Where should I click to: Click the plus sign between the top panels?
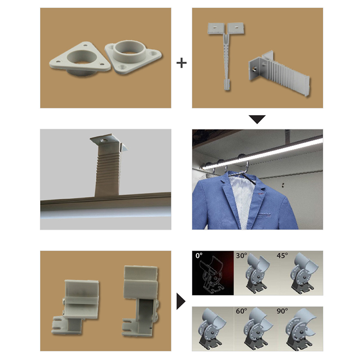tap(181, 63)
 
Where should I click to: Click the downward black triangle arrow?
tap(257, 119)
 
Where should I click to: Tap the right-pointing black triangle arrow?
tap(181, 301)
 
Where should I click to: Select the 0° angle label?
tap(199, 256)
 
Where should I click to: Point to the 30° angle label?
tap(241, 256)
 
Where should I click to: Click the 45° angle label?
tap(282, 256)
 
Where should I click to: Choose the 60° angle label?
tap(241, 311)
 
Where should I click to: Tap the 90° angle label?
tap(282, 311)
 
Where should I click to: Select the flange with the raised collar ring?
tap(133, 56)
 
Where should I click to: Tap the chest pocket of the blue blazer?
tap(265, 216)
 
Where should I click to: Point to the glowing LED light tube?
tap(262, 153)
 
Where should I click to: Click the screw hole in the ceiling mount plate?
tap(103, 140)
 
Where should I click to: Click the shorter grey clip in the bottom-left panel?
tap(76, 306)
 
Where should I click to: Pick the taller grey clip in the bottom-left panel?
tap(140, 300)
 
